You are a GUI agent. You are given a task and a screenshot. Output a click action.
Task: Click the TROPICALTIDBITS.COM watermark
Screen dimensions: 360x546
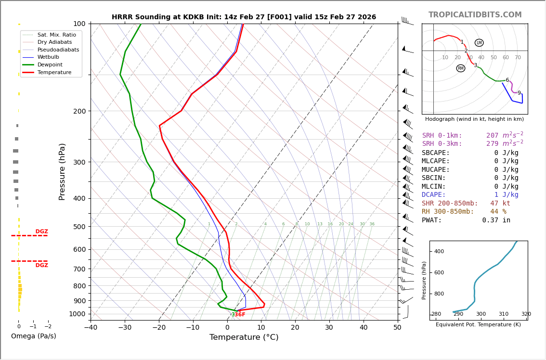pyautogui.click(x=475, y=15)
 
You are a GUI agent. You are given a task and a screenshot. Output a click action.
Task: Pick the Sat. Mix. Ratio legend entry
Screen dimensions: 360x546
pyautogui.click(x=56, y=35)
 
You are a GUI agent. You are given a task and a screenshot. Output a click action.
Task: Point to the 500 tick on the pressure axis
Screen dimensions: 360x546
pyautogui.click(x=79, y=227)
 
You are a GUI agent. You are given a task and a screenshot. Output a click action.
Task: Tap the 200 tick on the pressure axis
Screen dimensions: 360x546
pyautogui.click(x=79, y=111)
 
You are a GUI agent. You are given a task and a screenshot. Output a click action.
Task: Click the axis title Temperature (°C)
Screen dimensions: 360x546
pyautogui.click(x=244, y=337)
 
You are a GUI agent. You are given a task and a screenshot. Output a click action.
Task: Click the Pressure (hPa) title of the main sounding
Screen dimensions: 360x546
pyautogui.click(x=62, y=171)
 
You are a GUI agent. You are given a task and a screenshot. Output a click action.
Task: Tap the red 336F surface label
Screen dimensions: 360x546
pyautogui.click(x=238, y=315)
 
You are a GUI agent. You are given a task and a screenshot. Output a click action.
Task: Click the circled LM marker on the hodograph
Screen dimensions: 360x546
pyautogui.click(x=479, y=43)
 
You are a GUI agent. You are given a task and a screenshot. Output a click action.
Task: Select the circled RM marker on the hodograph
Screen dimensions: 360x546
pyautogui.click(x=461, y=68)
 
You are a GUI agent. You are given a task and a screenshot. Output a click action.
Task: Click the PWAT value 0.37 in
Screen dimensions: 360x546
pyautogui.click(x=496, y=220)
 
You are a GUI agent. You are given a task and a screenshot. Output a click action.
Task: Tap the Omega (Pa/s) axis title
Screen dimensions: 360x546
pyautogui.click(x=33, y=336)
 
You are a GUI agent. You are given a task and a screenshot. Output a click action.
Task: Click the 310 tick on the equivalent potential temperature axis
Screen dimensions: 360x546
pyautogui.click(x=503, y=314)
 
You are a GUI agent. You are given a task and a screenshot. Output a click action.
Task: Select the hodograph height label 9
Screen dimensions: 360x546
pyautogui.click(x=519, y=93)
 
